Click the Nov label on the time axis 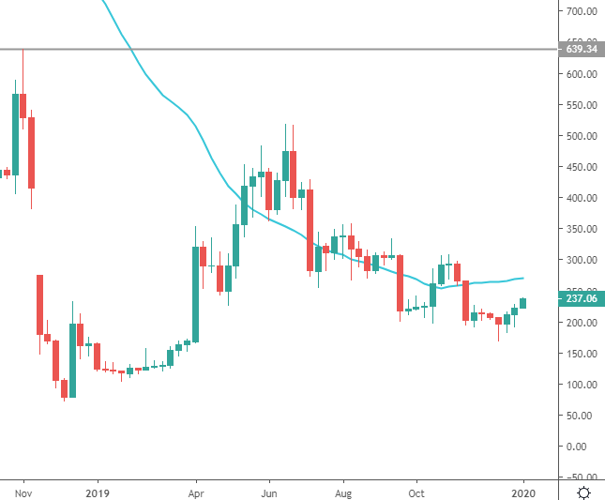[24, 492]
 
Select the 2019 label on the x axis [98, 492]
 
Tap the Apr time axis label [196, 492]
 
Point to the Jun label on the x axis [269, 492]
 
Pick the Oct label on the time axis [416, 492]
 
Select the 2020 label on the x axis [524, 492]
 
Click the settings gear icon [583, 492]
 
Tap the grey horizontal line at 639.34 [281, 49]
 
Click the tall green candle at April [195, 293]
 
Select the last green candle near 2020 [523, 302]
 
